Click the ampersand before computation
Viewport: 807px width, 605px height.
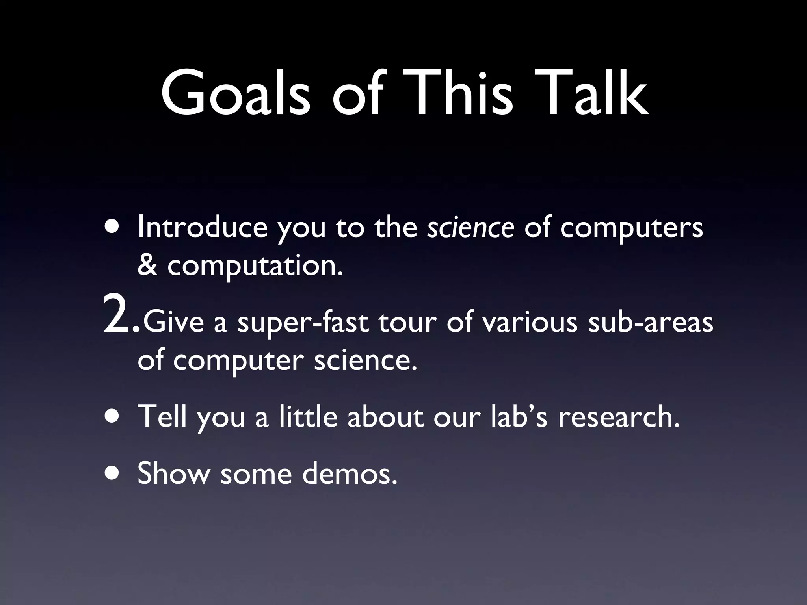[147, 266]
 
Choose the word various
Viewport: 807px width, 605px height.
[530, 322]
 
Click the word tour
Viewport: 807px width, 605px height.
[407, 322]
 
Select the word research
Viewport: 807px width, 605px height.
[619, 417]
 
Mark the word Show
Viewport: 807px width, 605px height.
[174, 473]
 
